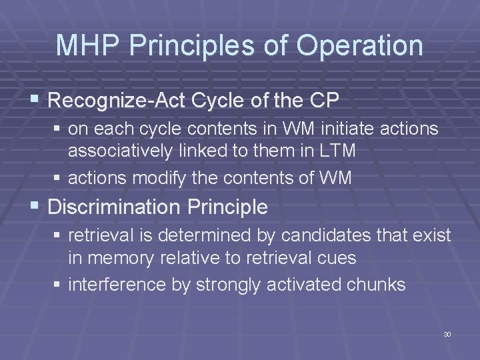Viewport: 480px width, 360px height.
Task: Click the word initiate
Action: (x=335, y=129)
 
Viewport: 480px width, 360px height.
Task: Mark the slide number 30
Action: (x=447, y=333)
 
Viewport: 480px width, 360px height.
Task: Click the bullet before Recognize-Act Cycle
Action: (x=36, y=101)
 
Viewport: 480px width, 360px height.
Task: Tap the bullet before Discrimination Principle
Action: (x=36, y=207)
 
